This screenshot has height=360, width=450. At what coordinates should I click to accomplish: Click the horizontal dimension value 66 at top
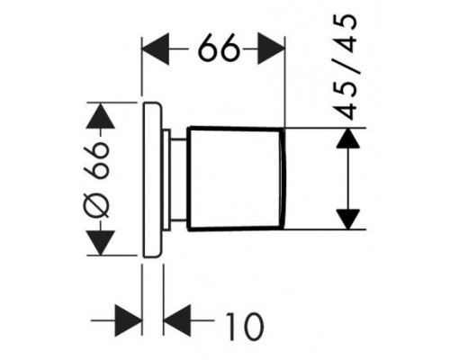coord(220,49)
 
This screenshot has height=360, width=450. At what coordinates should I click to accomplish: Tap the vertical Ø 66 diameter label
coord(96,180)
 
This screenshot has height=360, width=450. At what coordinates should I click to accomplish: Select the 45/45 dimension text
coord(346,67)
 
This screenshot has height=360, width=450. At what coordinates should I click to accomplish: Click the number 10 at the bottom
coord(244,327)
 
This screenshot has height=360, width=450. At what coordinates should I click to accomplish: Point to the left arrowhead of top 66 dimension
coord(155,49)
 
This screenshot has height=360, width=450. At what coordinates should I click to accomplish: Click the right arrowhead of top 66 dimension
coord(271,49)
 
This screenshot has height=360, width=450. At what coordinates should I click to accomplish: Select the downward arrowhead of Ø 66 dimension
coord(100,243)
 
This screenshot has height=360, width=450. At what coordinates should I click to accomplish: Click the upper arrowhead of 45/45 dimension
coord(347,138)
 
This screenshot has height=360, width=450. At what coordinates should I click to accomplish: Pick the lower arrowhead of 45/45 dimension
coord(347,220)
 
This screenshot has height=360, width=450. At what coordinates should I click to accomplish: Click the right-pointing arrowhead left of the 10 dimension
coord(128,320)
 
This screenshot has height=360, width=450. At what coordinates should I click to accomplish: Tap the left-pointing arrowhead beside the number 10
coord(177,320)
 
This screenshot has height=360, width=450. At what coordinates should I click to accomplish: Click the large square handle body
coord(236,179)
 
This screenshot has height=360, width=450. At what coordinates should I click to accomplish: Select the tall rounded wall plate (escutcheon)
coord(152,180)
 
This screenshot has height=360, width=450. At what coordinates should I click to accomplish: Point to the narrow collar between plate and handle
coord(166,180)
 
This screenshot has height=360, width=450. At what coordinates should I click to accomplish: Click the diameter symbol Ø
coord(97,205)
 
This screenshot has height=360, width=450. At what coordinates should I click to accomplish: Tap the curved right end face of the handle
coord(283,179)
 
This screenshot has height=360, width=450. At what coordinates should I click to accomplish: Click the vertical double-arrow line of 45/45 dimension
coord(348,179)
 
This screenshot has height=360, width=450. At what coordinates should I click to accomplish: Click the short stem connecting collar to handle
coord(179,180)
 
